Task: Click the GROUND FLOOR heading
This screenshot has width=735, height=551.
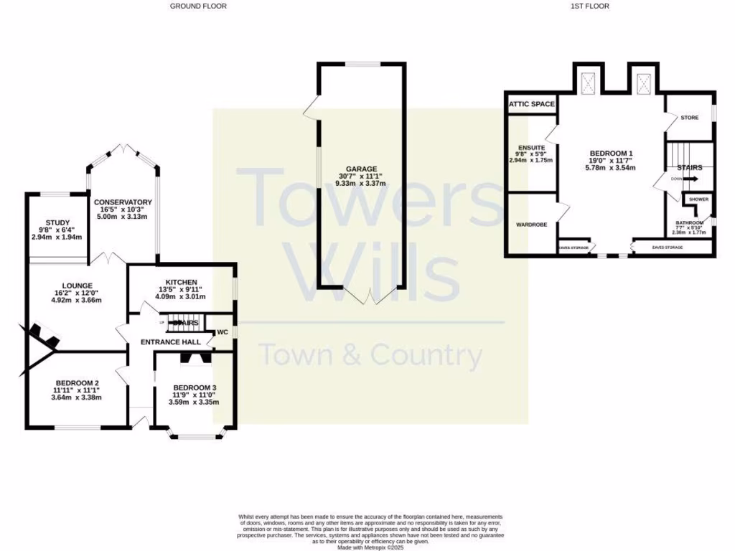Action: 198,6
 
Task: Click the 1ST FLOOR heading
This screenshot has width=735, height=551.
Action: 589,6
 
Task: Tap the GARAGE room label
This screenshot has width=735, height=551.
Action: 362,169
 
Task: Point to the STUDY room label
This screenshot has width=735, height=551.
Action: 57,222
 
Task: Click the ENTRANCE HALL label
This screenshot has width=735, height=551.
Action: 170,342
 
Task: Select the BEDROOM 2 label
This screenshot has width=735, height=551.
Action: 75,383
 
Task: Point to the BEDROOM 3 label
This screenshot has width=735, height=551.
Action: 195,388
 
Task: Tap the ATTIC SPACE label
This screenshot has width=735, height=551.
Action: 531,104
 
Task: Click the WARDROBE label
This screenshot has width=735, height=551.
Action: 531,225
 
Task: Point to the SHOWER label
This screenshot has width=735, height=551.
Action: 698,199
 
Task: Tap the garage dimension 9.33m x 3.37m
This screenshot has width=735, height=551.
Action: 362,184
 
